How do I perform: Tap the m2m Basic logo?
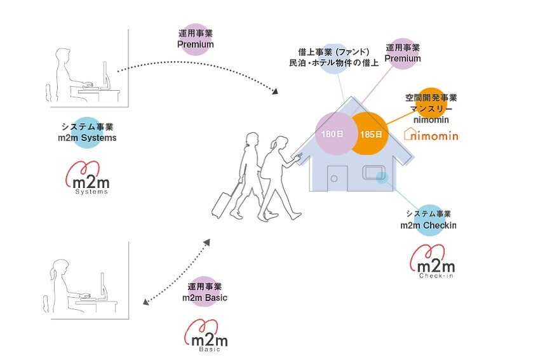[x=205, y=335]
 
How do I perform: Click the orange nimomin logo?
[x=431, y=134]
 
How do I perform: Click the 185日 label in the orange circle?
[x=370, y=135]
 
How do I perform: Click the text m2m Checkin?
[x=427, y=225]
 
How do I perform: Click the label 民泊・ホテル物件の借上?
[x=334, y=63]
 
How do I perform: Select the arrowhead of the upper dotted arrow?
[x=275, y=92]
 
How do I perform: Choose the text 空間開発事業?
[x=431, y=98]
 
